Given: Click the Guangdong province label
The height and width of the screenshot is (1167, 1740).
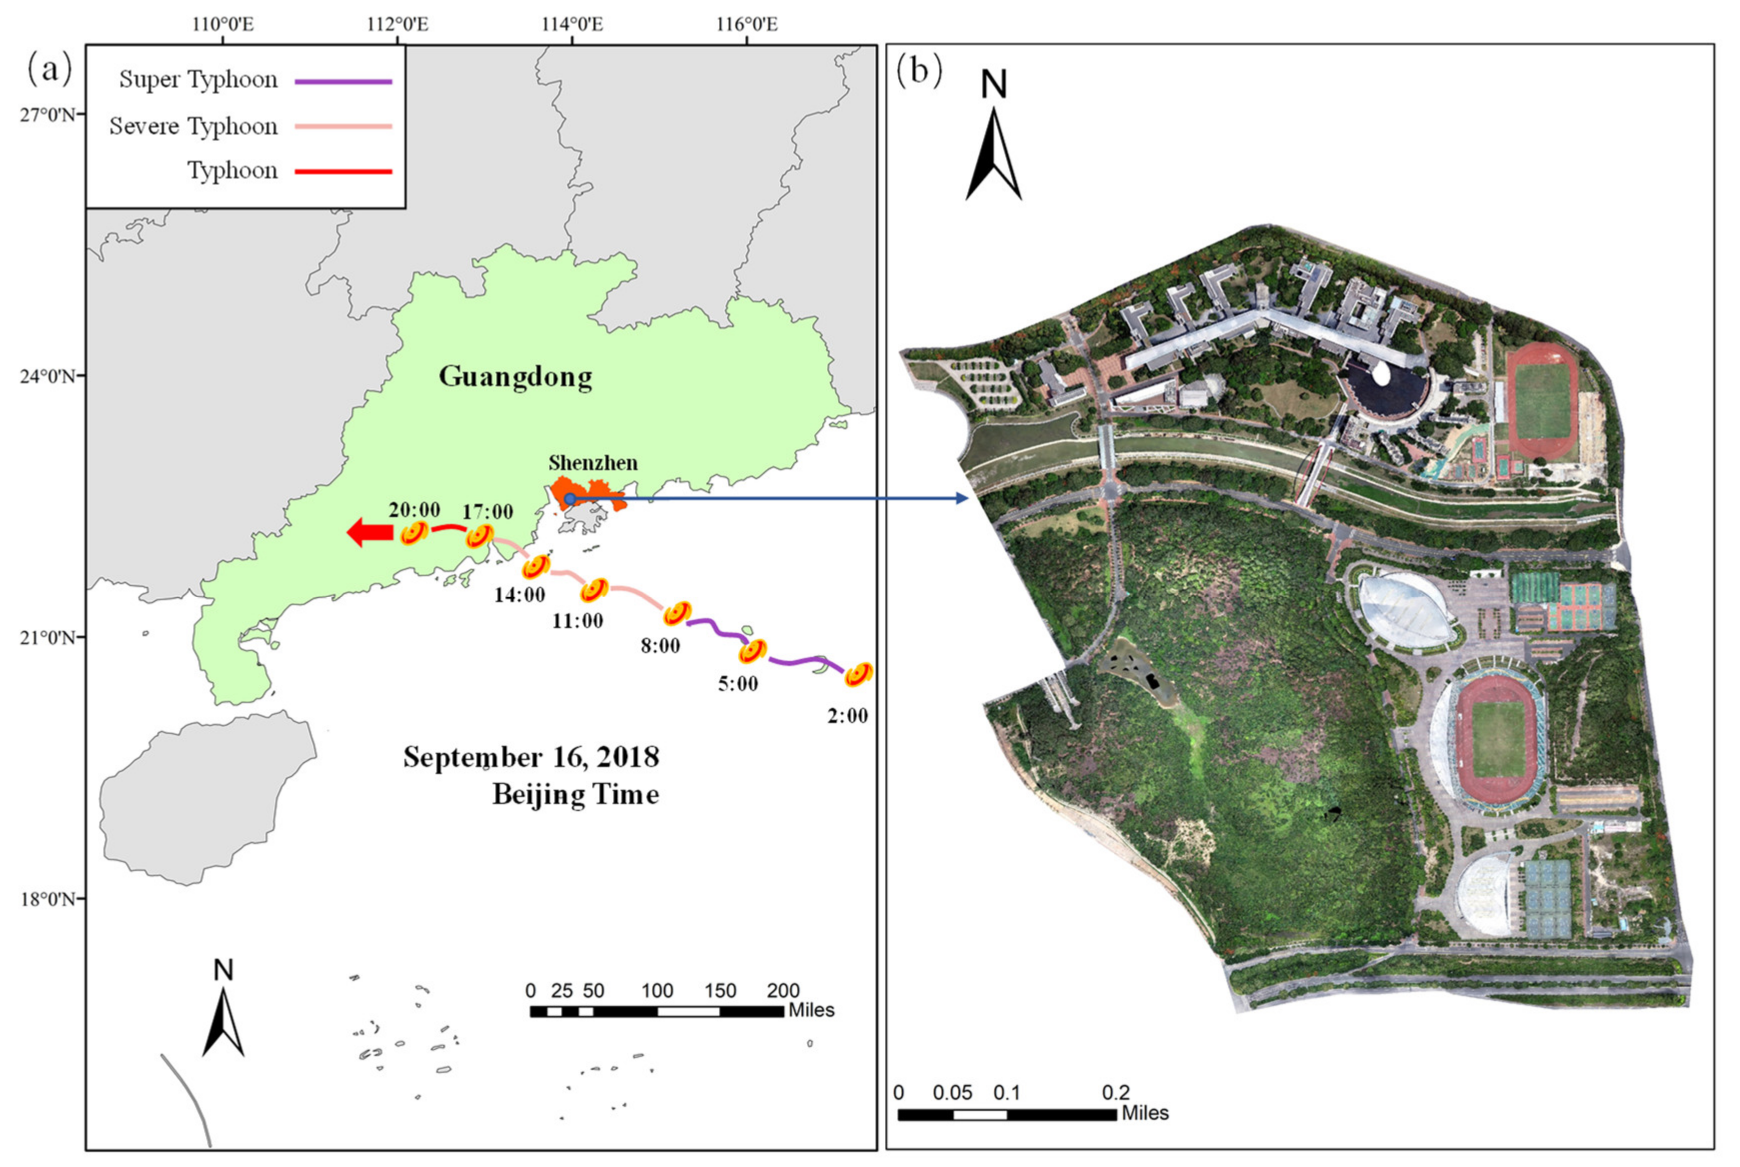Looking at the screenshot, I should point(515,377).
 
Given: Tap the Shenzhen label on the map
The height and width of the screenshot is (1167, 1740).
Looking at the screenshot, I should point(593,463).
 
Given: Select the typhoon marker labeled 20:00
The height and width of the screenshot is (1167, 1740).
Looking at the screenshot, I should point(414,534).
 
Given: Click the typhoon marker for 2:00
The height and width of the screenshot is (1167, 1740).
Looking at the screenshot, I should point(859,674).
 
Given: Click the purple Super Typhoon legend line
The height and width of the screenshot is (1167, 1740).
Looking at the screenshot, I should point(343,81).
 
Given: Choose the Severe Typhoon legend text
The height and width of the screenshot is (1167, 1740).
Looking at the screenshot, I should point(193,126).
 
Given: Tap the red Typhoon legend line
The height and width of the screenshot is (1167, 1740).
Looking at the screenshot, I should point(343,172).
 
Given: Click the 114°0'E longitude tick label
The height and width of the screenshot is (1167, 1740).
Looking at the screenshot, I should point(572,24).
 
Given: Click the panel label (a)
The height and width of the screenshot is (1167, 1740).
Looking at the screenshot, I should point(50,70).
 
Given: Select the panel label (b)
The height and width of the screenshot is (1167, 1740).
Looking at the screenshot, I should point(919,70).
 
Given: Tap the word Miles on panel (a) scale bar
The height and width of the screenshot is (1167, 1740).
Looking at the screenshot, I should point(811,1011).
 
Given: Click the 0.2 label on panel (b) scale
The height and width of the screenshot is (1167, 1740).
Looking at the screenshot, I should point(1116,1093).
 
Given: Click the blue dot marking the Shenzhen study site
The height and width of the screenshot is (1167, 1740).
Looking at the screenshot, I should point(569,499).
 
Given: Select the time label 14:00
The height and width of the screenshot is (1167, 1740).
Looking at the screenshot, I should point(519,595).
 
